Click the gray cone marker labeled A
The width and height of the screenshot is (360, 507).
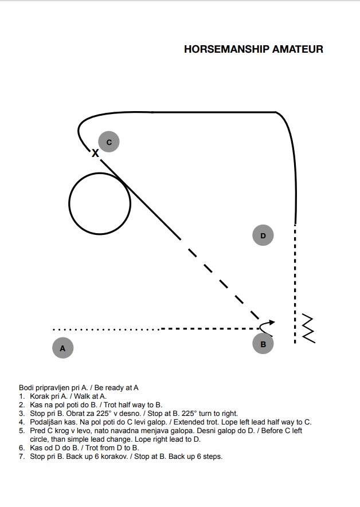pyautogui.click(x=62, y=348)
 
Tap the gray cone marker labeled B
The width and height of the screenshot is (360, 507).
pyautogui.click(x=263, y=344)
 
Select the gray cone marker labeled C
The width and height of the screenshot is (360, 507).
pyautogui.click(x=109, y=142)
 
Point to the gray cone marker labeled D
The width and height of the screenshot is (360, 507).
pyautogui.click(x=263, y=235)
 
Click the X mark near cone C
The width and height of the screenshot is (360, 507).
pyautogui.click(x=95, y=153)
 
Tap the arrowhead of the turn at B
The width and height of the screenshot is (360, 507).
pyautogui.click(x=272, y=323)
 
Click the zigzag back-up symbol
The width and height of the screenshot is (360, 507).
pyautogui.click(x=308, y=328)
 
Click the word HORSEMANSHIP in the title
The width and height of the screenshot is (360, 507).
pyautogui.click(x=227, y=49)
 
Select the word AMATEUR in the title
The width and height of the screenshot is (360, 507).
pyautogui.click(x=298, y=49)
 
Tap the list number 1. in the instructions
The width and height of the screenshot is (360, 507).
pyautogui.click(x=22, y=396)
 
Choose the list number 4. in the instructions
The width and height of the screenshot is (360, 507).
pyautogui.click(x=22, y=422)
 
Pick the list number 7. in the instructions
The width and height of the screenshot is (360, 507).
pyautogui.click(x=22, y=457)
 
